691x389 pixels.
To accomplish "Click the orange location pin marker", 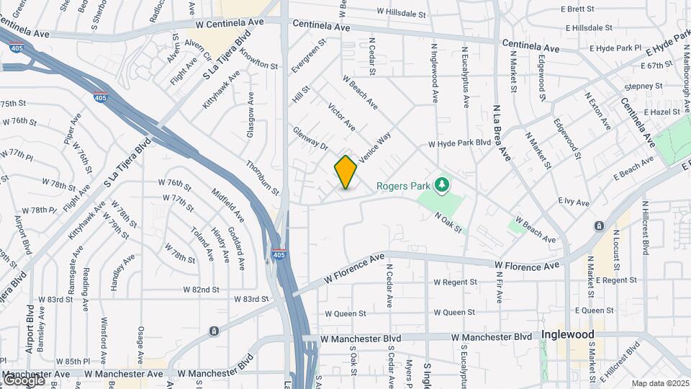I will pyautogui.click(x=345, y=171).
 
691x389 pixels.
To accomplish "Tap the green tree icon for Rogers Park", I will pyautogui.click(x=442, y=186).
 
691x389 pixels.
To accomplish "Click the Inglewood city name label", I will pyautogui.click(x=568, y=335).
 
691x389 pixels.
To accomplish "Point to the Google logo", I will pyautogui.click(x=23, y=380).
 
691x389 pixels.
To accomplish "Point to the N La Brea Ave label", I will pyautogui.click(x=502, y=132).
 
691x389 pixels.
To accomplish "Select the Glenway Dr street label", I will pyautogui.click(x=310, y=138).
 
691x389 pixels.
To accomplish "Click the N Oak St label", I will pyautogui.click(x=447, y=221).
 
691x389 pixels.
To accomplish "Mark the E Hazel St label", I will pyautogui.click(x=662, y=112).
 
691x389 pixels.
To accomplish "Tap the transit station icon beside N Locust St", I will pyautogui.click(x=599, y=226).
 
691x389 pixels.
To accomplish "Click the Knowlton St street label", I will pyautogui.click(x=259, y=60).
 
